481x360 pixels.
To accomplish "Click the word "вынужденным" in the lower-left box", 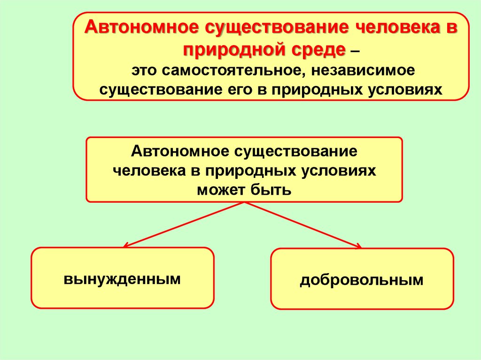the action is pyautogui.click(x=122, y=279).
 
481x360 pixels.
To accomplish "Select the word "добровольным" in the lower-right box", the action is pyautogui.click(x=362, y=280).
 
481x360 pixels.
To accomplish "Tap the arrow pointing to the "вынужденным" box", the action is pyautogui.click(x=183, y=224).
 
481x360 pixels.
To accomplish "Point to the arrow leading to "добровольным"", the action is pyautogui.click(x=303, y=224).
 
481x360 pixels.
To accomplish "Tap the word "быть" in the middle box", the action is pyautogui.click(x=271, y=190).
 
